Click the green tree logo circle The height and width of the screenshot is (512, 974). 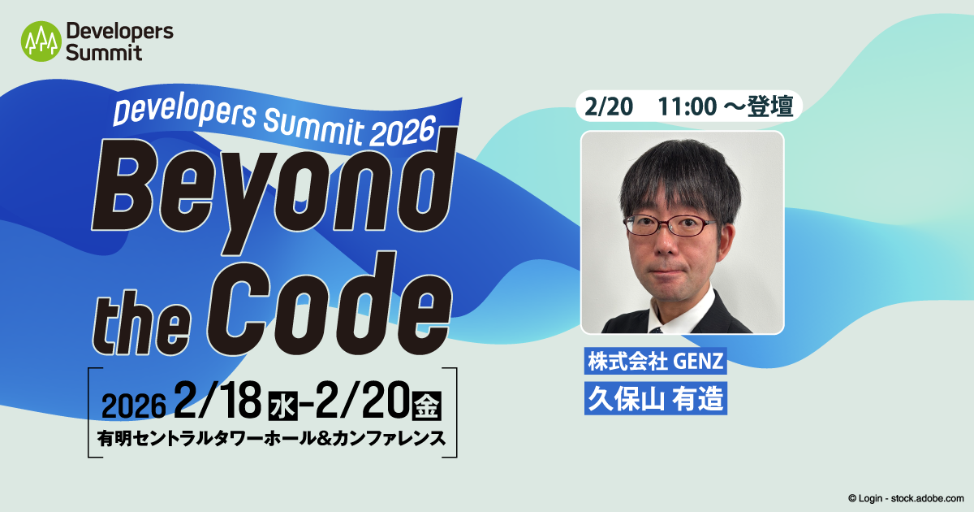41,41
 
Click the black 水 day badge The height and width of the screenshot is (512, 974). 283,406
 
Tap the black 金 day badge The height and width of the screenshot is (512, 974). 427,406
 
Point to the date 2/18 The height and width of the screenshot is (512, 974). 218,401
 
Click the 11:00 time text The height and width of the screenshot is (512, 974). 687,106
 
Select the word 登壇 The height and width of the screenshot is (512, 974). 770,106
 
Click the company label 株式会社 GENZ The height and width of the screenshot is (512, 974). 656,361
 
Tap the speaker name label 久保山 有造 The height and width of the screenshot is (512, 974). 656,398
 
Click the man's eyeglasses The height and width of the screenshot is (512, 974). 669,225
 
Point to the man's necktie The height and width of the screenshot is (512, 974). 656,330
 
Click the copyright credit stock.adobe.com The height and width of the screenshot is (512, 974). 927,498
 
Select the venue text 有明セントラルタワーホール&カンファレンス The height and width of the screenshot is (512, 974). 271,438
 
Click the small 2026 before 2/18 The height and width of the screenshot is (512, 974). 133,406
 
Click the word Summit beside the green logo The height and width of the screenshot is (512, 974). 104,53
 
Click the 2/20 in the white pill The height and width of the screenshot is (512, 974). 608,106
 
